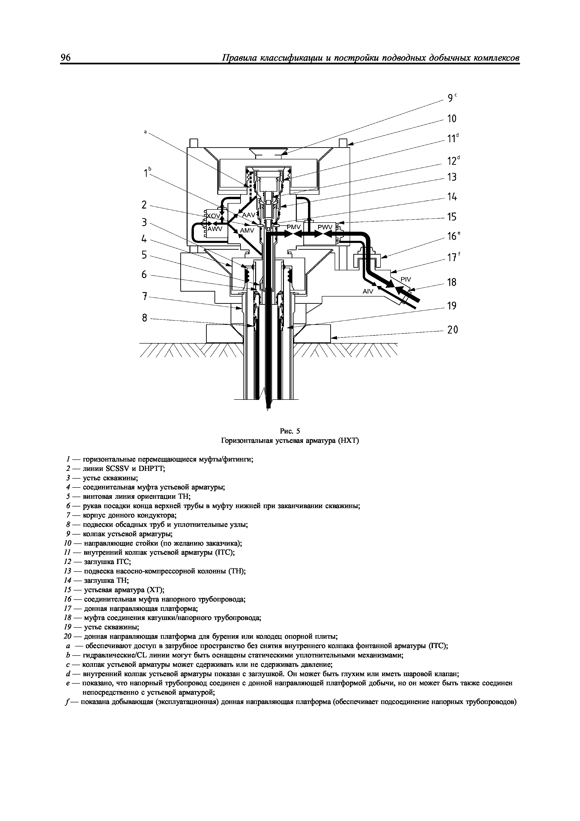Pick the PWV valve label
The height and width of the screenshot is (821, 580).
325,227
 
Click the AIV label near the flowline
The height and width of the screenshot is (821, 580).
368,291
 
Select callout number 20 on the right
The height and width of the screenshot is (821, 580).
452,330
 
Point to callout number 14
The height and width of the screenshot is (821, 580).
452,197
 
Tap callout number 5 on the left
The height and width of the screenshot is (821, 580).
144,255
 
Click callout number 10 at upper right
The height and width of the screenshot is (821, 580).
452,119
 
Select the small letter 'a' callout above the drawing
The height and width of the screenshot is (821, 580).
145,132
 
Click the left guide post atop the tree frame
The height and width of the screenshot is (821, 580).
194,143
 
